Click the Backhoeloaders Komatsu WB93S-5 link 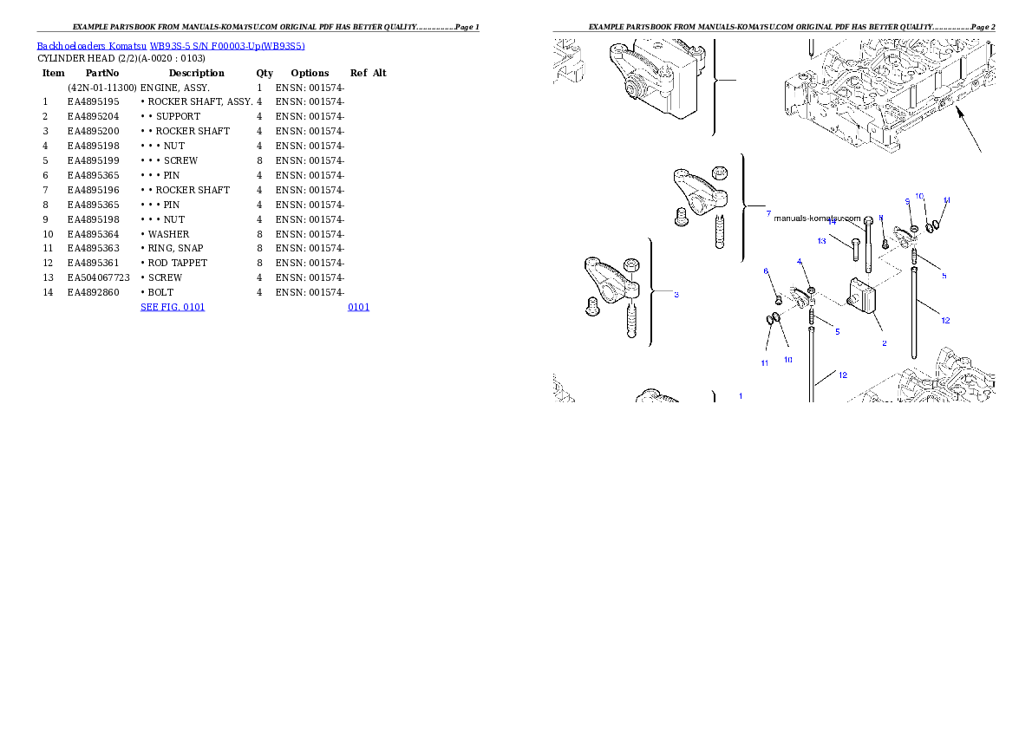coord(170,46)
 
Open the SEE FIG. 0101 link coord(173,307)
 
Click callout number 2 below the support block coord(884,343)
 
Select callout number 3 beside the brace coord(676,295)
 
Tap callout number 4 coord(800,262)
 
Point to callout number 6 coord(766,271)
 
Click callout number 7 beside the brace coord(767,213)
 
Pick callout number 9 coord(907,201)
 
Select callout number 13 coord(821,240)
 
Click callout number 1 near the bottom coord(741,395)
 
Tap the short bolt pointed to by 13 coord(855,248)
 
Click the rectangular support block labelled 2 coord(864,292)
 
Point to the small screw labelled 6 coord(778,298)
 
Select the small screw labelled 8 coord(885,243)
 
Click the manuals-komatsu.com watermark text coord(816,218)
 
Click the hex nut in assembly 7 coord(719,173)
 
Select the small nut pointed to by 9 coord(914,228)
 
